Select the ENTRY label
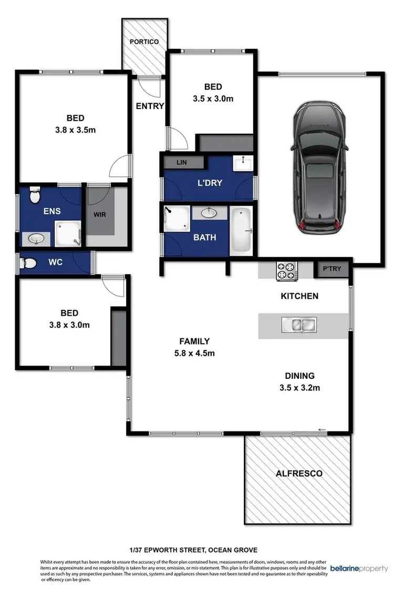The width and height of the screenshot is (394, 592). [x=150, y=106]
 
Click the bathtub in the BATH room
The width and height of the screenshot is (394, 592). [x=241, y=229]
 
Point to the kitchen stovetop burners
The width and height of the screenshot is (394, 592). [x=287, y=270]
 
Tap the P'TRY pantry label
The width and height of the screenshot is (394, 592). [x=331, y=269]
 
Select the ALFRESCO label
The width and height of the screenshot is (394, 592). [x=299, y=473]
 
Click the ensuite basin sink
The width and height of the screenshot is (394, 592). [x=36, y=238]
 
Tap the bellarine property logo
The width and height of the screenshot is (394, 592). [x=359, y=569]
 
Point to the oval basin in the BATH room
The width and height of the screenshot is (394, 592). [x=209, y=213]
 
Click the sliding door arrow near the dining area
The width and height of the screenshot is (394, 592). [x=322, y=430]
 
